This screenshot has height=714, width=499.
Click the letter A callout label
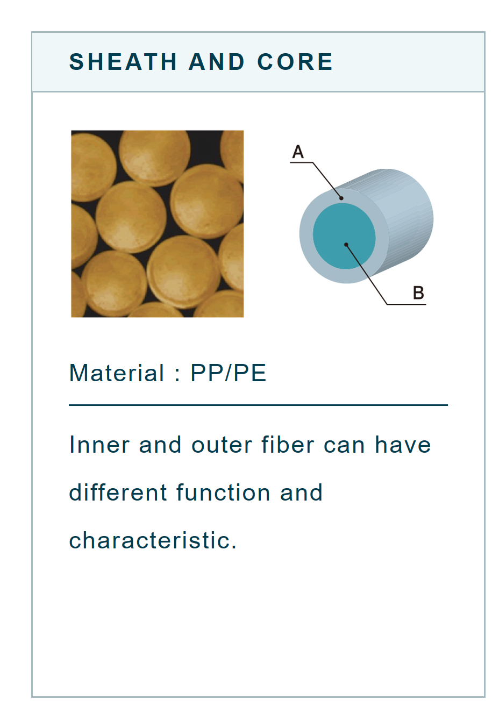tap(298, 152)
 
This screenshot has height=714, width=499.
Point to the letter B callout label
tap(418, 292)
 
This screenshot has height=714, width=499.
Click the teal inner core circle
tap(344, 236)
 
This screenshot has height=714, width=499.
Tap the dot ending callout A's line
tap(341, 198)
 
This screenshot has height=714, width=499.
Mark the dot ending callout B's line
tap(346, 245)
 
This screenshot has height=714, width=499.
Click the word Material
tap(117, 373)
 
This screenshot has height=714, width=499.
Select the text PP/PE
tap(229, 373)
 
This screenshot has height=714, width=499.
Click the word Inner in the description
tap(99, 445)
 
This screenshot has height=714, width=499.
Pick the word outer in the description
tap(222, 445)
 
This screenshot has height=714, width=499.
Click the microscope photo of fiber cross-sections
tap(157, 224)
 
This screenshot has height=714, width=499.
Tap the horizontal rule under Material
tap(258, 405)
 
